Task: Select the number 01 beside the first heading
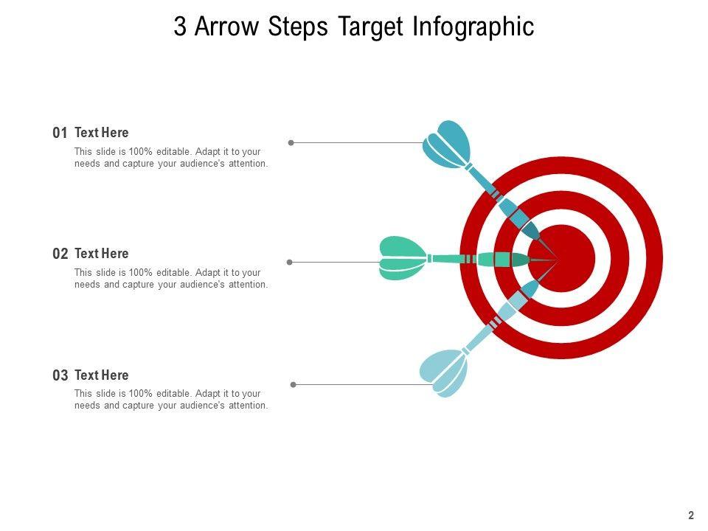pyautogui.click(x=60, y=133)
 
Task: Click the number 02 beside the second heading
pyautogui.click(x=60, y=254)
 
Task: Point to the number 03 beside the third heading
pyautogui.click(x=60, y=375)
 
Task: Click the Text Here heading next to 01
pyautogui.click(x=102, y=133)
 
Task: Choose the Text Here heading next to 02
pyautogui.click(x=102, y=254)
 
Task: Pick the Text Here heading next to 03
pyautogui.click(x=102, y=375)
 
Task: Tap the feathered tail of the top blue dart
pyautogui.click(x=447, y=145)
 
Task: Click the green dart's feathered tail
pyautogui.click(x=402, y=258)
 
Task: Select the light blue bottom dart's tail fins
pyautogui.click(x=445, y=372)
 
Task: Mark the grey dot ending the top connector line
pyautogui.click(x=291, y=142)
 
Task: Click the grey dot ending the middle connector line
pyautogui.click(x=289, y=262)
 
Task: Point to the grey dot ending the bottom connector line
pyautogui.click(x=294, y=384)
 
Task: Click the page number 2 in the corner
pyautogui.click(x=691, y=516)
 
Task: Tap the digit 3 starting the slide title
pyautogui.click(x=180, y=27)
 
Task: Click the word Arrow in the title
pyautogui.click(x=228, y=27)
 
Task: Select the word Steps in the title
pyautogui.click(x=299, y=27)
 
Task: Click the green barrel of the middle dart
pyautogui.click(x=503, y=259)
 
